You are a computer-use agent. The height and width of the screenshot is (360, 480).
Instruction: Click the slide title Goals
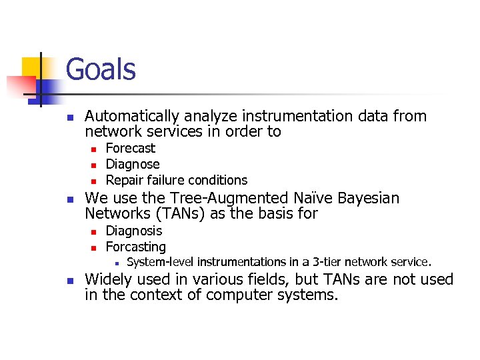(101, 69)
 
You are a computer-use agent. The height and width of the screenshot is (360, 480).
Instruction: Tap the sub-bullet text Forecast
(131, 148)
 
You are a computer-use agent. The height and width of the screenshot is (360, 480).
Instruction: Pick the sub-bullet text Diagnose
(133, 164)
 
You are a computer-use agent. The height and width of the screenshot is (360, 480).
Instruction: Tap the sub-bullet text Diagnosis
(134, 231)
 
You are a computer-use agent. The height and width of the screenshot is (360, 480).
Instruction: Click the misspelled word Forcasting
(136, 247)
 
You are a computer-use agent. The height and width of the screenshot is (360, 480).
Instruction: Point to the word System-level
(160, 262)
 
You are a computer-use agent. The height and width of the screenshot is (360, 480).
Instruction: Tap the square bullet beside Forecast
(94, 149)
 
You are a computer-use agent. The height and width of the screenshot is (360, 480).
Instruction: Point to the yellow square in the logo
(33, 68)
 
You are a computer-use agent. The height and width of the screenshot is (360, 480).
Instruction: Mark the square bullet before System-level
(115, 263)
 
